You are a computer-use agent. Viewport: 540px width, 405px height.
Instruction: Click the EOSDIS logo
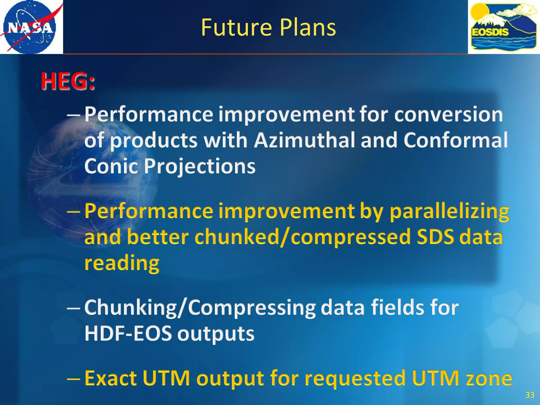point(504,27)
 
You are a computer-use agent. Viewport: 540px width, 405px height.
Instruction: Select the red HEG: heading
point(68,81)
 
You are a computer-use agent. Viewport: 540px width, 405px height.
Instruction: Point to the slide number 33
point(530,395)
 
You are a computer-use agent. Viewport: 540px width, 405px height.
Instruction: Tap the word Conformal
point(455,140)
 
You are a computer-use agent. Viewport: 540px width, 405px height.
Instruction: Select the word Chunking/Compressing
point(200,308)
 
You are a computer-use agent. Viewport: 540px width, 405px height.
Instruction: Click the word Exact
point(111,378)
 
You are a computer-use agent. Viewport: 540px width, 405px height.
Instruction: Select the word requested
point(355,378)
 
